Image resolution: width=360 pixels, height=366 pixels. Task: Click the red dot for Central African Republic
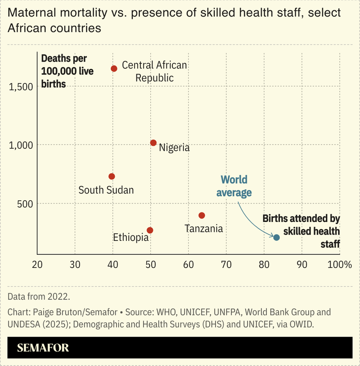point(114,68)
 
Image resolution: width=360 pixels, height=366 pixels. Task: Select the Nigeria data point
point(153,143)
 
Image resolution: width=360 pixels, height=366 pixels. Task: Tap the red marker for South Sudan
point(112,176)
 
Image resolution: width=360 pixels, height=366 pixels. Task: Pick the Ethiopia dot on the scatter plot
point(150,230)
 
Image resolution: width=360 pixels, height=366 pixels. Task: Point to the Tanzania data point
point(202,216)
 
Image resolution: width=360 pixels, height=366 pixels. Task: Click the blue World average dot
point(276,237)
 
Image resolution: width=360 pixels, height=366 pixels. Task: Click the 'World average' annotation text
point(234,186)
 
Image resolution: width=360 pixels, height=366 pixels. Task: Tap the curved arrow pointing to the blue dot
point(252,221)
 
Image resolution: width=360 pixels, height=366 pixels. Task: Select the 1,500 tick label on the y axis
point(21,86)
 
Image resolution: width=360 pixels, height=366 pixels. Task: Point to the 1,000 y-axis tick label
point(21,145)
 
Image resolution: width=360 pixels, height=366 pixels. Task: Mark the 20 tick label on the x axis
point(37,264)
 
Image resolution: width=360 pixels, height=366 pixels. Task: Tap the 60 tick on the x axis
point(188,264)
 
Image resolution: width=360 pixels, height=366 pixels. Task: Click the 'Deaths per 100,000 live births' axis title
point(67,71)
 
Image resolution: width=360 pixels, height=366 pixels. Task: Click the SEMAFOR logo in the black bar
point(43,348)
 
